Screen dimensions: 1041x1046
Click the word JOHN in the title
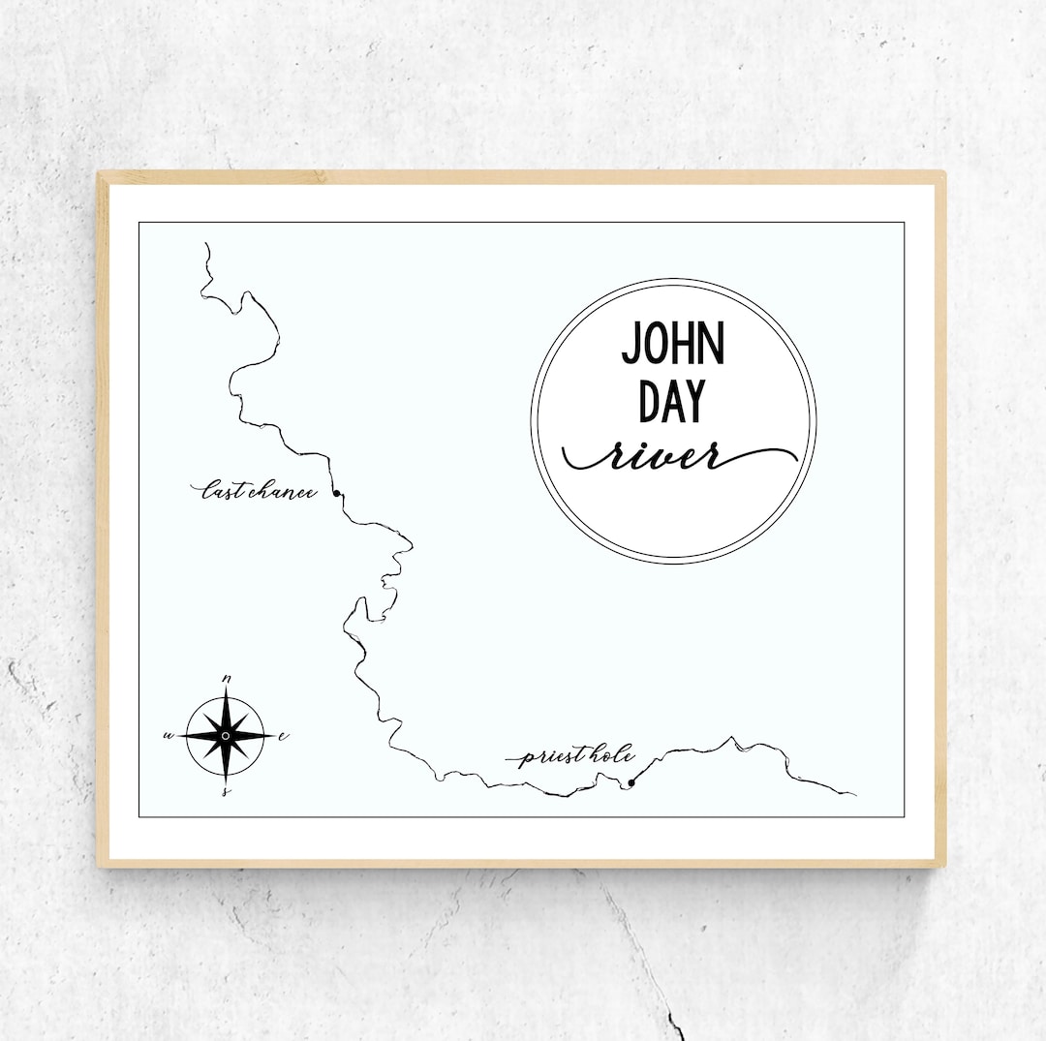click(x=672, y=343)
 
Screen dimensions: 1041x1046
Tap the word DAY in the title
click(x=672, y=401)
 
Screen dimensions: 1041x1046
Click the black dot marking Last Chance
click(x=337, y=494)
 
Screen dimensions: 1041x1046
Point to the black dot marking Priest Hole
click(x=631, y=782)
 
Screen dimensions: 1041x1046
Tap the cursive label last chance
click(x=259, y=492)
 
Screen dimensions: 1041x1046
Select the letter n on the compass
click(x=227, y=678)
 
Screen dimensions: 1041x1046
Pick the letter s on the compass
click(x=226, y=791)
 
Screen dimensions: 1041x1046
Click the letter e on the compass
click(x=283, y=736)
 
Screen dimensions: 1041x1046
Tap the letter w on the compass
click(x=169, y=736)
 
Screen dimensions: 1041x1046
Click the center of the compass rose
click(x=226, y=736)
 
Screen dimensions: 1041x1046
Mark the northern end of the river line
click(x=206, y=244)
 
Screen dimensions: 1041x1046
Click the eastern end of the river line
click(x=854, y=795)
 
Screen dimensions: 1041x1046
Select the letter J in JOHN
click(x=631, y=345)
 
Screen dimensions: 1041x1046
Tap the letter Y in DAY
click(x=693, y=401)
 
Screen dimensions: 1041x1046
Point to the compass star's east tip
click(x=271, y=736)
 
